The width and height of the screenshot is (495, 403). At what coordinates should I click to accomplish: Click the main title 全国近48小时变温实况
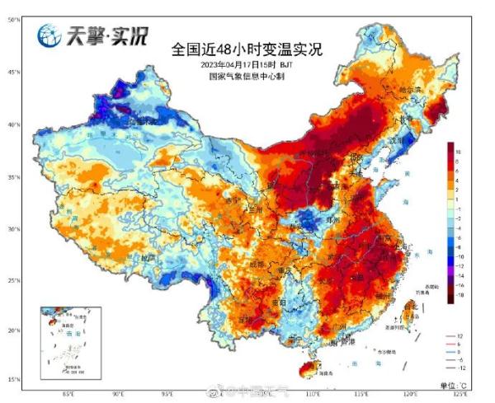247,49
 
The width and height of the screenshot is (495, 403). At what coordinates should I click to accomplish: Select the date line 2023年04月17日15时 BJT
246,64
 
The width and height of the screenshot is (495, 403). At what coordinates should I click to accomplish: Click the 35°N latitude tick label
15,177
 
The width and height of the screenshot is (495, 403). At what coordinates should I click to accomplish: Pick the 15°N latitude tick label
15,379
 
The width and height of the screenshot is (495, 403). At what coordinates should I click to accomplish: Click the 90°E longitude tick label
118,394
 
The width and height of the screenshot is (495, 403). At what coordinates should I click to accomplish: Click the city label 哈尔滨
410,89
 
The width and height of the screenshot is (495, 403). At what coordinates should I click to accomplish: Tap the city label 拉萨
147,257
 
